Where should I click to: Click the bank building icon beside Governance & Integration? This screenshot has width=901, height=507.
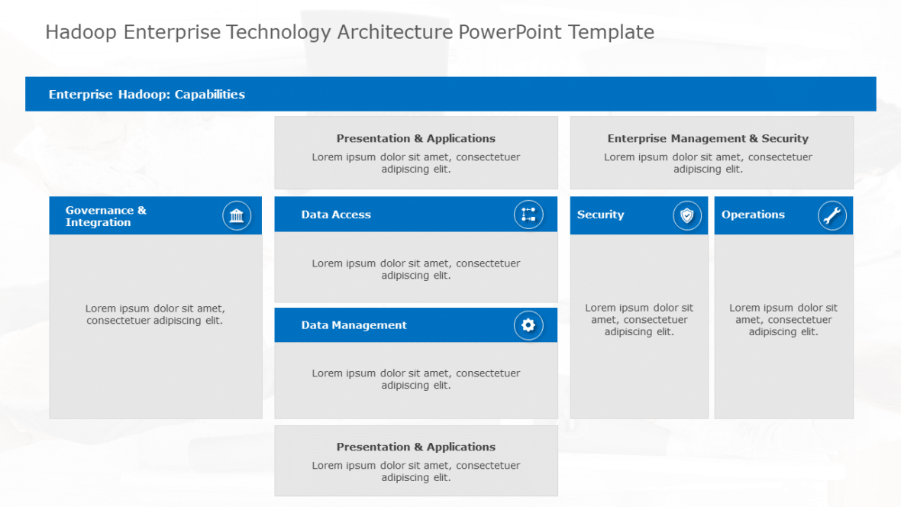(237, 215)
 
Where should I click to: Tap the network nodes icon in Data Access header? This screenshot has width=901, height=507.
(528, 215)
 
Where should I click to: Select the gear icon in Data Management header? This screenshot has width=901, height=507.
(528, 325)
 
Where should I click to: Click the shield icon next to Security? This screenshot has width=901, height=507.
(687, 215)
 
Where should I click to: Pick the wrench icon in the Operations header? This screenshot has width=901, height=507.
(832, 215)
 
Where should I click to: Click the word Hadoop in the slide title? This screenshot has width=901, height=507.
(80, 32)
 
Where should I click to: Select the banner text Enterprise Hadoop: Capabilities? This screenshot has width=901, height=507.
(147, 95)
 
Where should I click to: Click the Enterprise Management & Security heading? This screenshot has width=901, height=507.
(708, 138)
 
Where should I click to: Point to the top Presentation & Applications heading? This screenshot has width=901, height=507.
(416, 138)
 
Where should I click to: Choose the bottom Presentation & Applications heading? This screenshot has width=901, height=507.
(416, 447)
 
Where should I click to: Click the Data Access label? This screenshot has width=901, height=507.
(336, 215)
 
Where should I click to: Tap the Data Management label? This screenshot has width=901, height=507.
(354, 325)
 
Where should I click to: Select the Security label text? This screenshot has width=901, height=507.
(600, 215)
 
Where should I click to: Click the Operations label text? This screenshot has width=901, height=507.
(753, 215)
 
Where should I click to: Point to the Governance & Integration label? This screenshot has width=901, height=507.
(106, 216)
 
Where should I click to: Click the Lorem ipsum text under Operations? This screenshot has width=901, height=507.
(783, 320)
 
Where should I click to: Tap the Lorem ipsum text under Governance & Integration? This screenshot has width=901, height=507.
(155, 315)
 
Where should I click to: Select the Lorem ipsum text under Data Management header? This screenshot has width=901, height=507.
(416, 379)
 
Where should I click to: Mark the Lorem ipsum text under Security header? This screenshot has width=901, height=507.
(639, 320)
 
